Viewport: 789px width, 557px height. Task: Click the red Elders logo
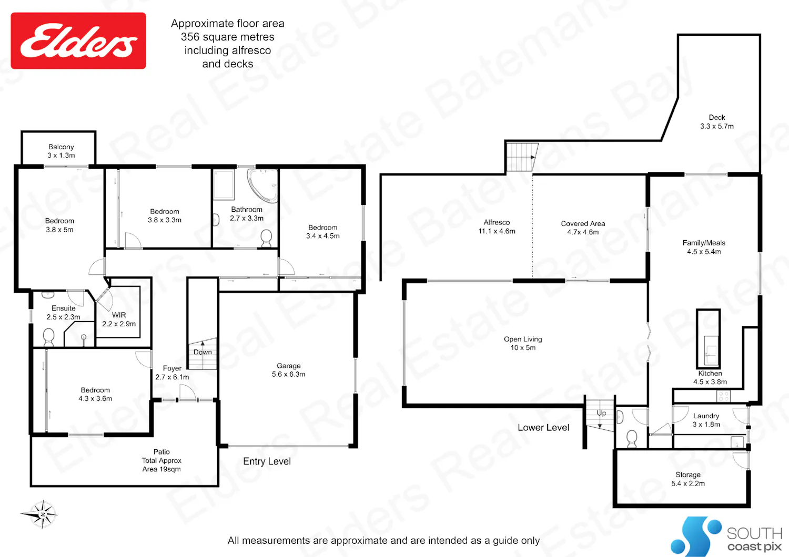tap(78, 41)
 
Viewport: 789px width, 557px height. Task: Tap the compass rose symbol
tap(41, 514)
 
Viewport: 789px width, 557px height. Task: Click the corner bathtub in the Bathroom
tap(264, 185)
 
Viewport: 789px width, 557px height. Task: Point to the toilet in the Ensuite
tap(48, 337)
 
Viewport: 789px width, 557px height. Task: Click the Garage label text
tap(288, 366)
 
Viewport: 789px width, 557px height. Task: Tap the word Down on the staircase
tap(203, 352)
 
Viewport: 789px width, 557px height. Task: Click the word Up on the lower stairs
tap(601, 413)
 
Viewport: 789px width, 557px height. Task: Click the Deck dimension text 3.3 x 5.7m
tap(717, 126)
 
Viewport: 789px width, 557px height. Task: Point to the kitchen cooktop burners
tap(723, 396)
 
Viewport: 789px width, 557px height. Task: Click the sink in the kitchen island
tap(711, 350)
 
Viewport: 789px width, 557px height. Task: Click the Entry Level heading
tap(267, 461)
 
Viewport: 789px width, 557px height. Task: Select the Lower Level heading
tap(543, 428)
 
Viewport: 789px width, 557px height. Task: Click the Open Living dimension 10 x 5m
tap(523, 348)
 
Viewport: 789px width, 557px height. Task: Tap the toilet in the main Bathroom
tap(266, 238)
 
